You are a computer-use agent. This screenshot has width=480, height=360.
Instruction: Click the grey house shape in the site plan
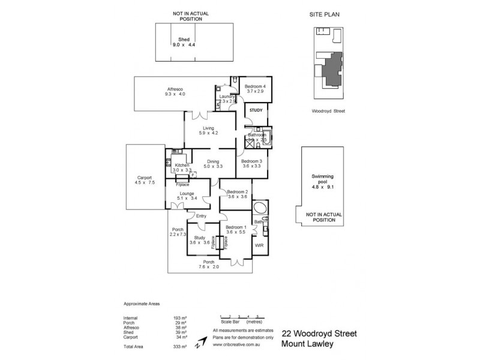[331, 70]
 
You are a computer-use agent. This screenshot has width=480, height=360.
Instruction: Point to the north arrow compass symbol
[202, 342]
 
